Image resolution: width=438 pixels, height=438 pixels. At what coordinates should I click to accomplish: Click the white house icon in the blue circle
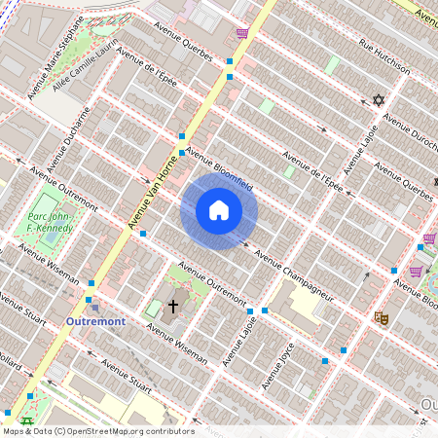[x=219, y=210]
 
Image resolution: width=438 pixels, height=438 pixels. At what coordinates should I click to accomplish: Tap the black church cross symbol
[x=173, y=306]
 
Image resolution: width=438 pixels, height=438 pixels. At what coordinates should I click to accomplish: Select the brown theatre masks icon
[x=382, y=317]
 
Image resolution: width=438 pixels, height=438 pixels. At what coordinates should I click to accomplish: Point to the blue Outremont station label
[x=97, y=321]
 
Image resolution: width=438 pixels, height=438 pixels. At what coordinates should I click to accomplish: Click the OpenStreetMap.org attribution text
[x=97, y=431]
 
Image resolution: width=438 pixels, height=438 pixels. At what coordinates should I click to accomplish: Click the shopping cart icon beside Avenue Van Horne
[x=241, y=33]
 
